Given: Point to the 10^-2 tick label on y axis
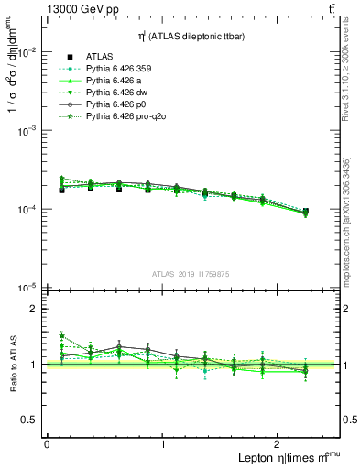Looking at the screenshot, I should (27, 52).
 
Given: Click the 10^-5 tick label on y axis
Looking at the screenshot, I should (27, 288).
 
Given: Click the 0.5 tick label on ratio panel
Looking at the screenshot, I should (30, 420).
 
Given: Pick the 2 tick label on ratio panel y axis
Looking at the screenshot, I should (35, 309).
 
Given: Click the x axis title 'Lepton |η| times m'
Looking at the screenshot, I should (284, 457).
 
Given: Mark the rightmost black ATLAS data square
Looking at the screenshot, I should (305, 212).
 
